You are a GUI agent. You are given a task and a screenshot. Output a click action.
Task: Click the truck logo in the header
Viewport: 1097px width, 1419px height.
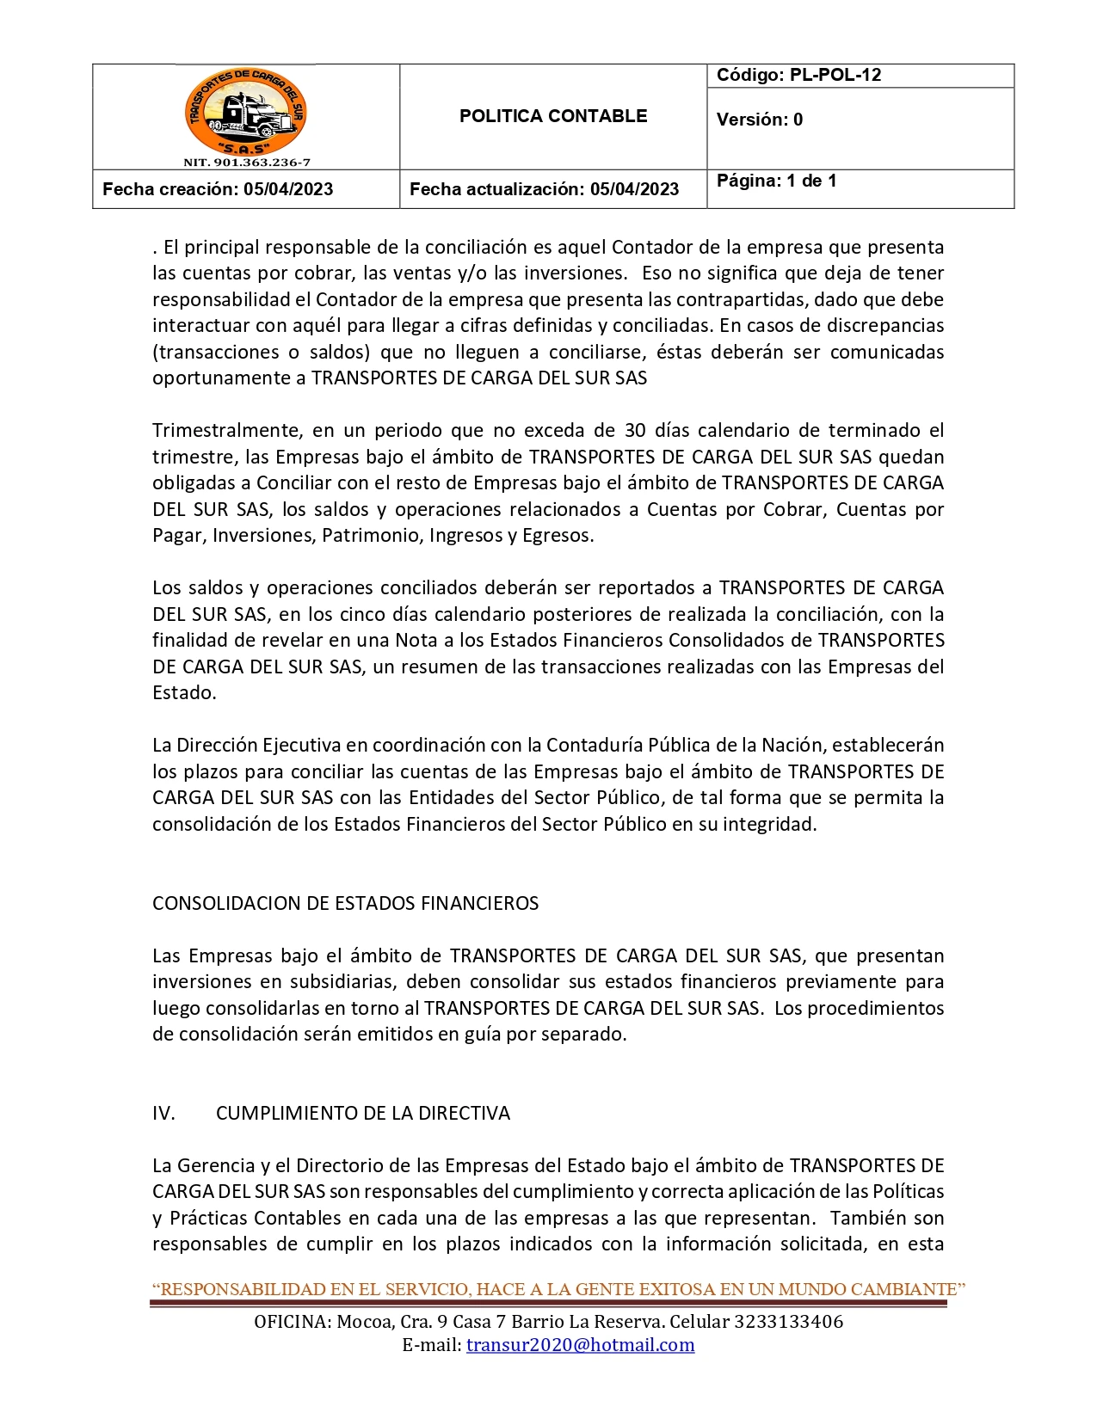click(246, 112)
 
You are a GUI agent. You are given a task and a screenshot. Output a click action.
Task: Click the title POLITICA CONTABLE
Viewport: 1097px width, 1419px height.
click(552, 116)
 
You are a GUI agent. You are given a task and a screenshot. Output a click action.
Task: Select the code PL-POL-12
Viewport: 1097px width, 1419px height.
click(835, 75)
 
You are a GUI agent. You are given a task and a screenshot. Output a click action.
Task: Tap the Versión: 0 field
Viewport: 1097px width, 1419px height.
click(759, 120)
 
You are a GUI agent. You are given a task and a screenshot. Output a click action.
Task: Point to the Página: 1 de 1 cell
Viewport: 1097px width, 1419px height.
click(776, 181)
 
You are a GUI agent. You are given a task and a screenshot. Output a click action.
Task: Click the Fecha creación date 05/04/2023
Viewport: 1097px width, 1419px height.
click(288, 189)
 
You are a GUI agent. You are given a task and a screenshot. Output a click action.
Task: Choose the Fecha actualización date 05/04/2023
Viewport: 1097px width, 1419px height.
click(634, 189)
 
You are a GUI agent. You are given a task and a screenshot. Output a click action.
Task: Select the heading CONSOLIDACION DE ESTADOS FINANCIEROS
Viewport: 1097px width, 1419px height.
click(345, 903)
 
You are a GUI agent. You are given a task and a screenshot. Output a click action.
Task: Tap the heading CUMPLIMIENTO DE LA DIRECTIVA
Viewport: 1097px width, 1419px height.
click(362, 1113)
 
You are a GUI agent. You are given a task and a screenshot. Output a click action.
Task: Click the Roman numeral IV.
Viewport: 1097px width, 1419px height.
click(163, 1113)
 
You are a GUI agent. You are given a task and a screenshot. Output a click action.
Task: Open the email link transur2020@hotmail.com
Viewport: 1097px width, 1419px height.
click(580, 1345)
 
